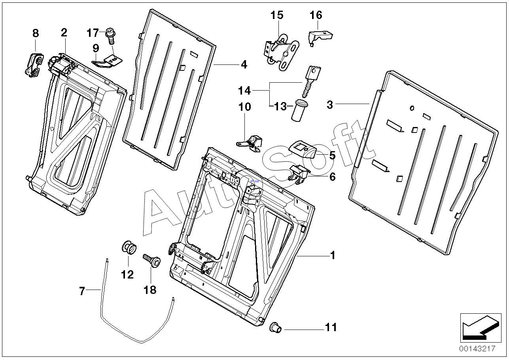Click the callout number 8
[x=36, y=33]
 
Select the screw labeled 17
[x=110, y=37]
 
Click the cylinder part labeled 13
[x=299, y=110]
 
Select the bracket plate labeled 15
[x=280, y=52]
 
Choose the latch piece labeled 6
[x=299, y=174]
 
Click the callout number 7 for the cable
[x=82, y=292]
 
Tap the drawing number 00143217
[x=477, y=349]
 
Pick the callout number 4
[x=244, y=64]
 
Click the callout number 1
[x=333, y=256]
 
